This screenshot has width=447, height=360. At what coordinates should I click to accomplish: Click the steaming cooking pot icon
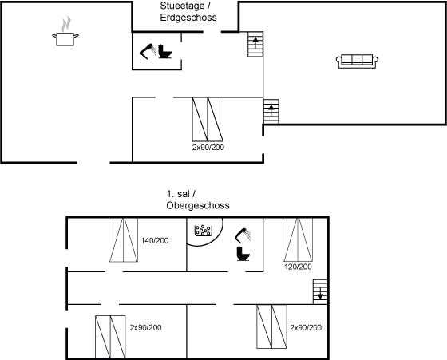point(65,32)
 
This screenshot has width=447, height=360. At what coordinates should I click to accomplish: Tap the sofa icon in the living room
point(357,61)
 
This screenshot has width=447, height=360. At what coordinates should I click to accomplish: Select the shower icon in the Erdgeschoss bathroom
point(148,51)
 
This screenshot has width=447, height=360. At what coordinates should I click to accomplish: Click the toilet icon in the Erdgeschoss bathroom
point(165,51)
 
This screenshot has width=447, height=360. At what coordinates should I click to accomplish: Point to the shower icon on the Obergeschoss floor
point(243,235)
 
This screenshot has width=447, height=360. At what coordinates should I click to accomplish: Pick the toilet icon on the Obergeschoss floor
point(243,254)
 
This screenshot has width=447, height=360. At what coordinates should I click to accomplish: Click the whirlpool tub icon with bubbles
point(204,231)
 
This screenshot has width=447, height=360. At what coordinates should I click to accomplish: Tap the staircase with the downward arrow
point(320,291)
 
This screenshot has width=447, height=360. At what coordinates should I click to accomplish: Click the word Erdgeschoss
point(188,18)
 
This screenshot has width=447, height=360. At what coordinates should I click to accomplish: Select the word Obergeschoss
point(198,205)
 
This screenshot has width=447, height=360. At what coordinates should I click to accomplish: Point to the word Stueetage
point(182,6)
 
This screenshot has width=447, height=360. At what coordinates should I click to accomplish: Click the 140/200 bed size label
point(155,240)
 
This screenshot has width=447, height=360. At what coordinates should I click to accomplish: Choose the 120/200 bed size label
point(298,267)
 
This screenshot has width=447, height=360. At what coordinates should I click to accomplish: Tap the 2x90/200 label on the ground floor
point(208,148)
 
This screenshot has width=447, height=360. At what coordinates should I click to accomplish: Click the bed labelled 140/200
point(124,239)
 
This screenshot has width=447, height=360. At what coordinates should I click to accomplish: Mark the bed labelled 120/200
point(298,239)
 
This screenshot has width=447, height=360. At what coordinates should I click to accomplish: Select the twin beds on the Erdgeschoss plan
point(208,119)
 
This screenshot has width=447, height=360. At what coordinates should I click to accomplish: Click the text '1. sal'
point(177,194)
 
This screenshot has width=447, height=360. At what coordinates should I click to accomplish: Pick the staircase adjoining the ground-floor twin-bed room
point(271,112)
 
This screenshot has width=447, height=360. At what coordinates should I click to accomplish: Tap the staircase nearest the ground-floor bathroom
point(255,44)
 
